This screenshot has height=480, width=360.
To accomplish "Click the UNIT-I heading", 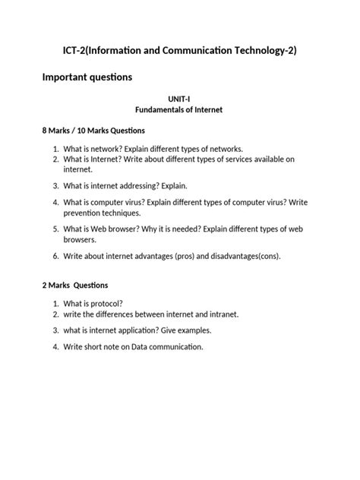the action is (x=179, y=99).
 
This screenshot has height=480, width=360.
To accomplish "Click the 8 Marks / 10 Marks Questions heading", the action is (x=93, y=131).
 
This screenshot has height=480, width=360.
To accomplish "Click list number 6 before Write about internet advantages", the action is (x=56, y=256).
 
